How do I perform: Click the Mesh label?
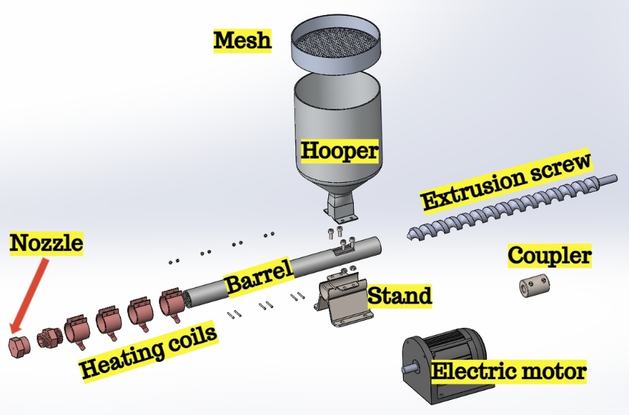(x=242, y=41)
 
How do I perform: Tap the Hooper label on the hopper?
(x=339, y=151)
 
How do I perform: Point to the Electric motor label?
(x=508, y=372)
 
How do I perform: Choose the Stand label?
(x=400, y=296)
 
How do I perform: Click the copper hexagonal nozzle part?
(x=18, y=347)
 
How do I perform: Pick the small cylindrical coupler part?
(x=534, y=287)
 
